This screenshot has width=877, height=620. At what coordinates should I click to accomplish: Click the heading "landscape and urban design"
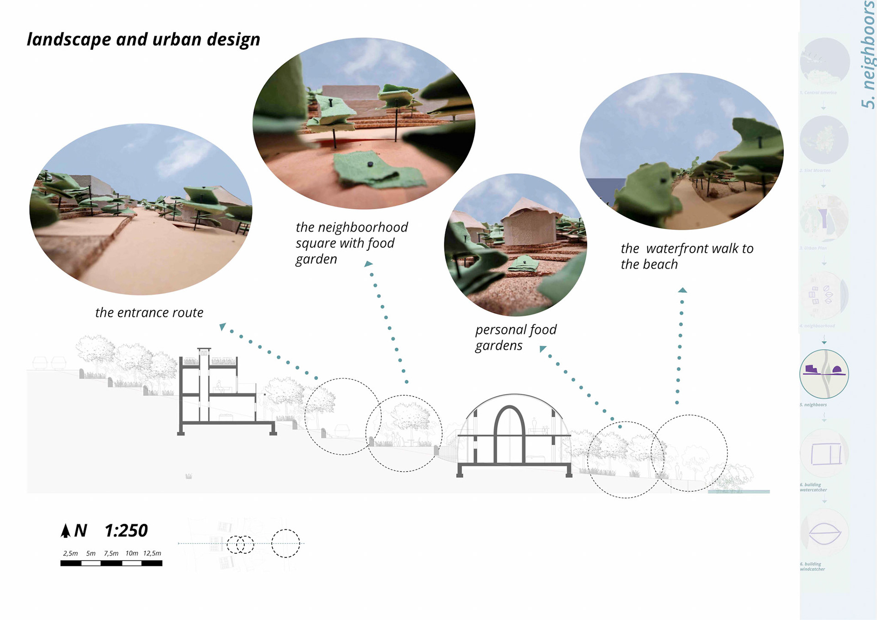click(x=143, y=39)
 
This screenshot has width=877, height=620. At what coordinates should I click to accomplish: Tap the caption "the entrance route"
click(x=149, y=313)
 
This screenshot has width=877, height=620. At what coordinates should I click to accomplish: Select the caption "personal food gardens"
click(x=516, y=337)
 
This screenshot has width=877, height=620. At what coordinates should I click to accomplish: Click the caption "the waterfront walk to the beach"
click(x=687, y=256)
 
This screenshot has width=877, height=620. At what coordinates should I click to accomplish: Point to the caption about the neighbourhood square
click(x=351, y=243)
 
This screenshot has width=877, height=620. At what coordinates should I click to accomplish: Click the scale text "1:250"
click(x=126, y=530)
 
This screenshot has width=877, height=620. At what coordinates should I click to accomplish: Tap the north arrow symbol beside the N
click(x=66, y=530)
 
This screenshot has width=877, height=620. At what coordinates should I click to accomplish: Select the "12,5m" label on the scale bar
click(x=152, y=553)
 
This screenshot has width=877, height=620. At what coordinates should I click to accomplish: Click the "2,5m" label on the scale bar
click(x=70, y=553)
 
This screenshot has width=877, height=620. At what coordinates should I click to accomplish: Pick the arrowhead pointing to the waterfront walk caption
click(x=682, y=290)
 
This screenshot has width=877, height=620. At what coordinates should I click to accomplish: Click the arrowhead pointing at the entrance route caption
click(x=222, y=326)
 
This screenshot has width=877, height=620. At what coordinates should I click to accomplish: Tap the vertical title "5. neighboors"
click(x=868, y=55)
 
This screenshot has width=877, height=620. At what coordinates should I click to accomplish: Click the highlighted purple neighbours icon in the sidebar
click(x=824, y=374)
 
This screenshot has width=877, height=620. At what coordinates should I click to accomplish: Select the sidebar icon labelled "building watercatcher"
click(x=824, y=453)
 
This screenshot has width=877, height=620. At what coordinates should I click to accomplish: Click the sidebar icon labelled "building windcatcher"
click(x=824, y=533)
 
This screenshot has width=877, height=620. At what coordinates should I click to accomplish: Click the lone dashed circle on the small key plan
click(x=285, y=543)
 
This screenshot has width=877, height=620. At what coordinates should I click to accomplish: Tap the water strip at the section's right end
click(x=739, y=492)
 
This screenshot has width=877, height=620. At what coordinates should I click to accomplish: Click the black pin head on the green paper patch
click(x=370, y=164)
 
